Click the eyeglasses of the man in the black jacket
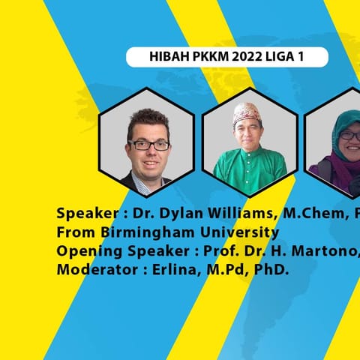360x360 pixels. [x=149, y=145]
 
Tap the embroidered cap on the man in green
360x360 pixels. [x=247, y=113]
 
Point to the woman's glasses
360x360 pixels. [x=350, y=136]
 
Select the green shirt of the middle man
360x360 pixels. [x=250, y=170]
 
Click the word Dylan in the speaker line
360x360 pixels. [x=180, y=214]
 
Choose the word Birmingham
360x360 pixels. [x=148, y=232]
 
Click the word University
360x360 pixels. [x=239, y=232]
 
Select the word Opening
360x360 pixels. [x=89, y=251]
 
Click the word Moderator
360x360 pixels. [x=97, y=270]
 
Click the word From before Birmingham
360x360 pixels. [x=76, y=232]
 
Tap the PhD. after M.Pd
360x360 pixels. [x=271, y=270]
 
